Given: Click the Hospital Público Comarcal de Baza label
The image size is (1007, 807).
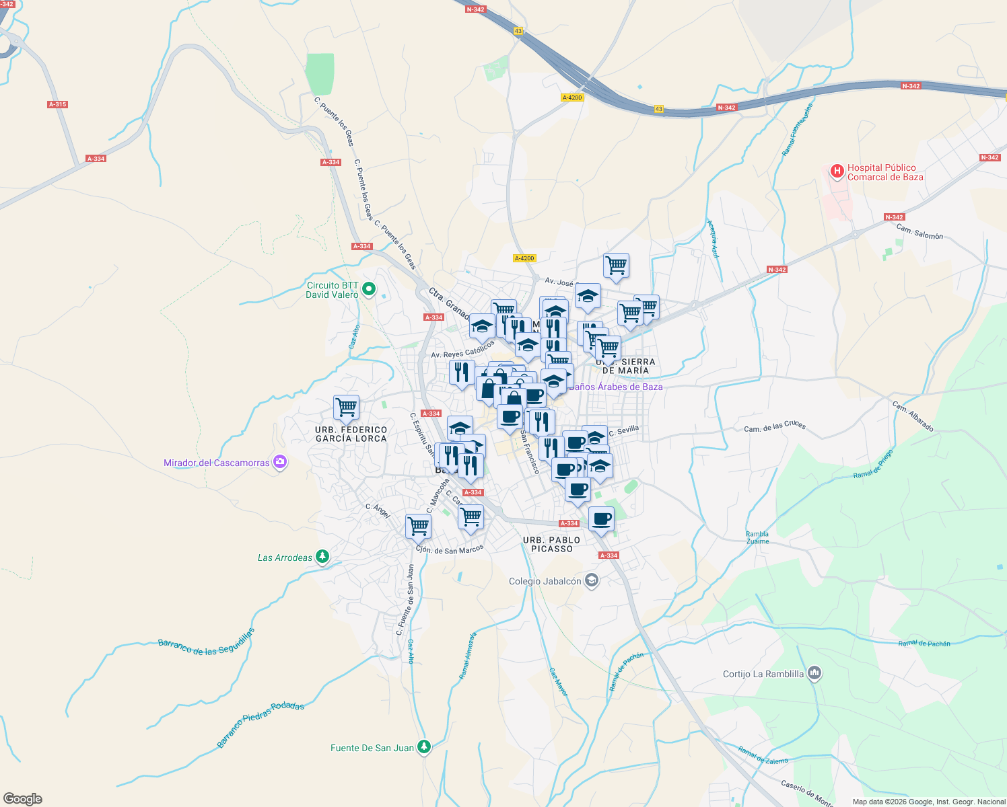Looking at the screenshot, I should pyautogui.click(x=884, y=172).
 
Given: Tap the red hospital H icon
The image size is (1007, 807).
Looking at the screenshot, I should pyautogui.click(x=837, y=171).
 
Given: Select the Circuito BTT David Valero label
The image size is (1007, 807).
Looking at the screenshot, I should pyautogui.click(x=333, y=290).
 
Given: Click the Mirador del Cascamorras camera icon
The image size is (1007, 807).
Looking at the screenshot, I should pyautogui.click(x=280, y=462).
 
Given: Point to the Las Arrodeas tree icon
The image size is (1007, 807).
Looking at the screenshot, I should pyautogui.click(x=323, y=557).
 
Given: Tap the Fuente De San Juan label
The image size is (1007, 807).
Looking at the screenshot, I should pyautogui.click(x=372, y=748).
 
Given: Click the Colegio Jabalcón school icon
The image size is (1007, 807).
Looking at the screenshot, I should pyautogui.click(x=591, y=580).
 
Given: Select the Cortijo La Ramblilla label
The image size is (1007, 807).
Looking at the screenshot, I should pyautogui.click(x=763, y=674).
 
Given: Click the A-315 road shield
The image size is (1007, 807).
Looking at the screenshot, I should pyautogui.click(x=58, y=104).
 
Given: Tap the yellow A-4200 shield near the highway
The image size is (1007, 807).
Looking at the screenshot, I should pyautogui.click(x=571, y=98).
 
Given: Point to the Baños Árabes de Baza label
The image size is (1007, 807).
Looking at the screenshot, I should pyautogui.click(x=615, y=387).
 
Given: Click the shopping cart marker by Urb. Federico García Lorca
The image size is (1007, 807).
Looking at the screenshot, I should pyautogui.click(x=346, y=407).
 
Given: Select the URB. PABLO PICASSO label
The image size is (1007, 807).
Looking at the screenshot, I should pyautogui.click(x=551, y=544).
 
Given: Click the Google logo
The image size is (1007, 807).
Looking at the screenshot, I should pyautogui.click(x=23, y=799).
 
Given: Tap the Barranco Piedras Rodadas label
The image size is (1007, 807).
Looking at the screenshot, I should pyautogui.click(x=261, y=725).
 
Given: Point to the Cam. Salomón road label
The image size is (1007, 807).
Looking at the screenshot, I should pyautogui.click(x=919, y=232).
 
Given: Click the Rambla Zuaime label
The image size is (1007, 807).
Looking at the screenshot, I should pyautogui.click(x=757, y=537).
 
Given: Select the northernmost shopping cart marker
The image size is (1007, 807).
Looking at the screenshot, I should pyautogui.click(x=616, y=266).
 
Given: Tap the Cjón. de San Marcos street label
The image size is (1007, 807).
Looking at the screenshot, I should pyautogui.click(x=450, y=549).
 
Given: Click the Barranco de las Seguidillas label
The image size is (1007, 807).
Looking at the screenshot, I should pyautogui.click(x=207, y=642).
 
